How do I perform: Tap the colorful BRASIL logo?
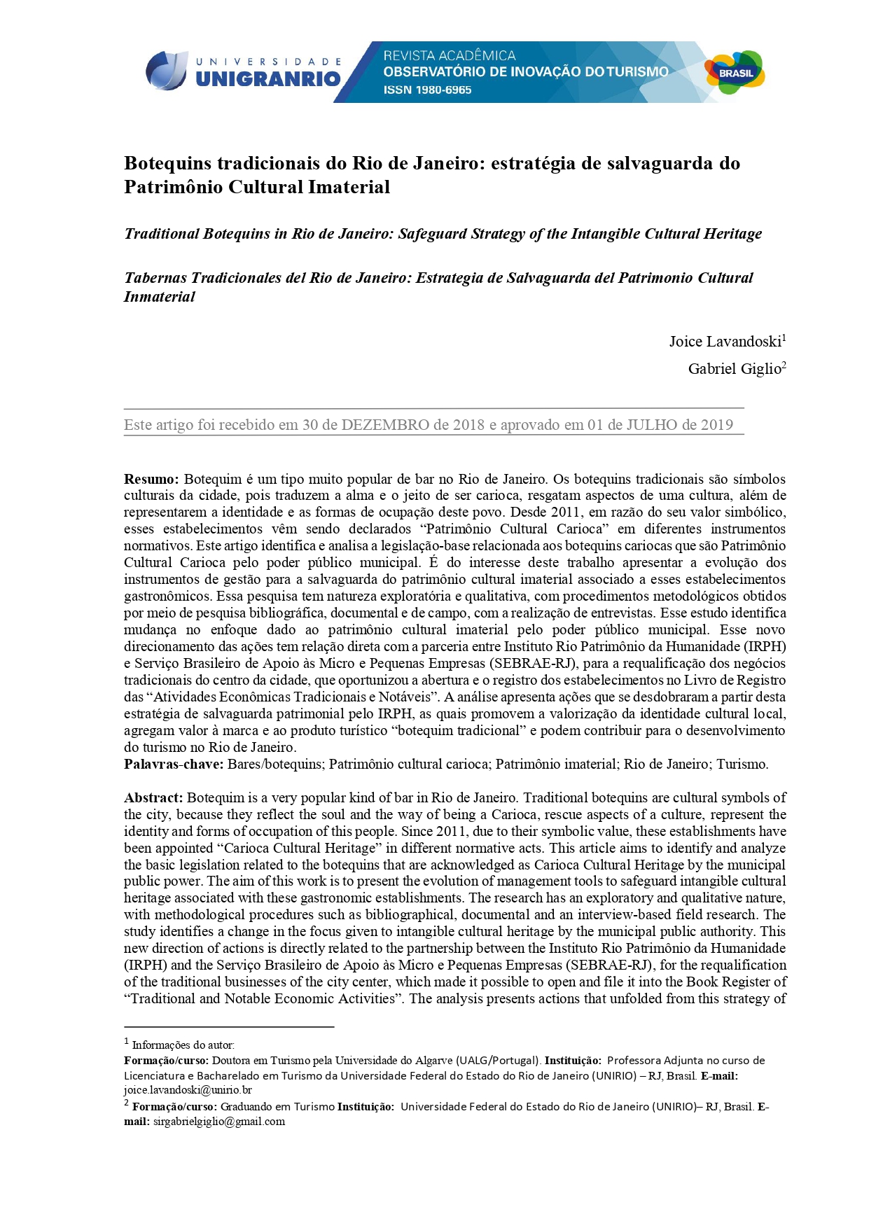[x=735, y=73]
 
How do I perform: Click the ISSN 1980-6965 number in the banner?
[x=427, y=90]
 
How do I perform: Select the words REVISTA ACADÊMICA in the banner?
[x=449, y=55]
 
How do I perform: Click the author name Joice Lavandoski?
[x=725, y=342]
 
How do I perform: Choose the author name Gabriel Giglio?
[x=734, y=369]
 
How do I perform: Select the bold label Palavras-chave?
[x=174, y=765]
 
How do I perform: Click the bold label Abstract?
[x=153, y=798]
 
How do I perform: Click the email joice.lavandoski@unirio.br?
[x=188, y=1090]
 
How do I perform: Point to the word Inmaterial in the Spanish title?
[x=159, y=297]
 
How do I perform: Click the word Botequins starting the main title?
[x=167, y=163]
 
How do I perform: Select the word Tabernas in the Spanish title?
[x=155, y=278]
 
